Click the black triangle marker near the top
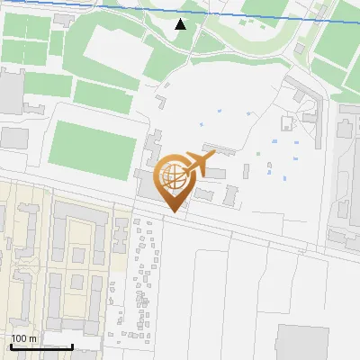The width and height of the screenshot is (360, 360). (181, 23)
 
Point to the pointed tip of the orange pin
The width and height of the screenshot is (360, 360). (175, 211)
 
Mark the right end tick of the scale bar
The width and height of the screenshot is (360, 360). (73, 346)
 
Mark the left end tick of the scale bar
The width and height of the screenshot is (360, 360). (11, 346)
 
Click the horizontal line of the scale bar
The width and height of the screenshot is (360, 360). (41, 347)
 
